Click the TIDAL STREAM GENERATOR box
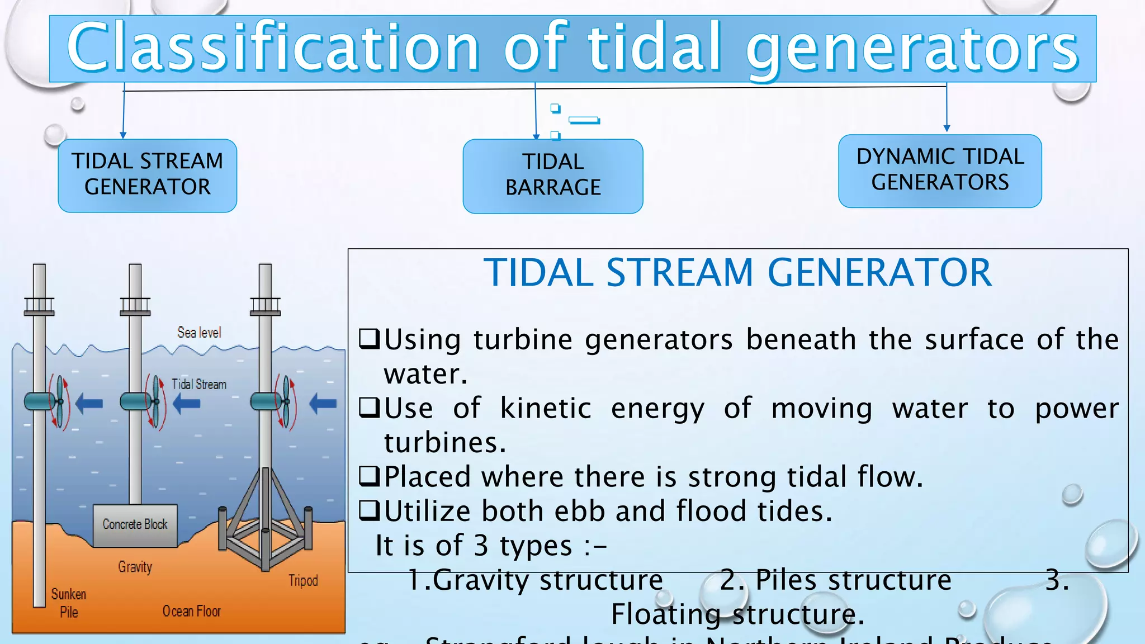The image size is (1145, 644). [147, 175]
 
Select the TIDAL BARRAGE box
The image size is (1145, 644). [552, 176]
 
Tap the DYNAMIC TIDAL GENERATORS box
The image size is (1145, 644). [940, 170]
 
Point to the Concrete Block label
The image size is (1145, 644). [135, 524]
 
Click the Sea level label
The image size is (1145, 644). [199, 333]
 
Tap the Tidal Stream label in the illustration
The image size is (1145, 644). [199, 385]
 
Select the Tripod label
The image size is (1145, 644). [303, 581]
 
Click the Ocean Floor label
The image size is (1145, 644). [191, 612]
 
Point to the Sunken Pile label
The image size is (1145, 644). [69, 603]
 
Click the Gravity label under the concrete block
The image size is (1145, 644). [135, 567]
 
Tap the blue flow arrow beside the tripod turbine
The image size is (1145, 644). [323, 403]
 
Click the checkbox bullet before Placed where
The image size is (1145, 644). [369, 476]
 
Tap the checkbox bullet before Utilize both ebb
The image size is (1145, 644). [369, 510]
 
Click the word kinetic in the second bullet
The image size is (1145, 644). [545, 408]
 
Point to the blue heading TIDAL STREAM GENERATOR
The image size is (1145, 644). [737, 273]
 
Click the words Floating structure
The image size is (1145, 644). [737, 614]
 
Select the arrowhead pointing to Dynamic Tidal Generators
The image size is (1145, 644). [947, 129]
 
